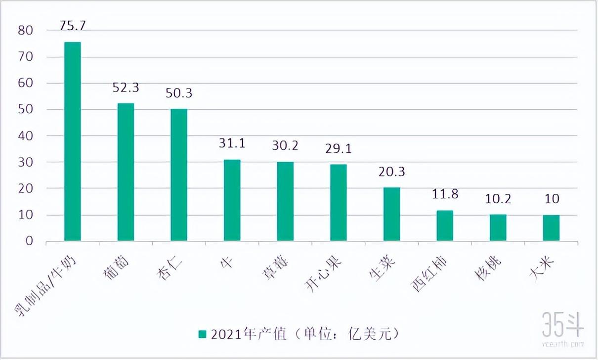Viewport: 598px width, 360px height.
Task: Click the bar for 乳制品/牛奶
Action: click(x=73, y=142)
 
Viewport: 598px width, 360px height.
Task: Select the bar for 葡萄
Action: click(x=126, y=173)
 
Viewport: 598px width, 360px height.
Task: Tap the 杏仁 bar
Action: click(x=179, y=175)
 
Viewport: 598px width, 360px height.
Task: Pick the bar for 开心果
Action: click(x=339, y=203)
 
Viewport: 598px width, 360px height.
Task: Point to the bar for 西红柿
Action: click(x=445, y=226)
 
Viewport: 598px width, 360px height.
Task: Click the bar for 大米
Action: click(x=551, y=228)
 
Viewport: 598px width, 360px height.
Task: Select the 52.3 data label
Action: click(x=126, y=88)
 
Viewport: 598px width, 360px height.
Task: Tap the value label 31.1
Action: click(x=232, y=143)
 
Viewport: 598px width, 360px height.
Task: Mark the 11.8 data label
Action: click(x=445, y=194)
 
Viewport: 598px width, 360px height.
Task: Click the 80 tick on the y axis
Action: click(x=26, y=31)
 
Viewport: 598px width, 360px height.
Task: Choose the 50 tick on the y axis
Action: click(x=26, y=110)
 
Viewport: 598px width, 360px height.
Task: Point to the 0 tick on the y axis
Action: click(x=29, y=241)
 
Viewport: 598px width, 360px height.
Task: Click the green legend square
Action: click(x=202, y=334)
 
